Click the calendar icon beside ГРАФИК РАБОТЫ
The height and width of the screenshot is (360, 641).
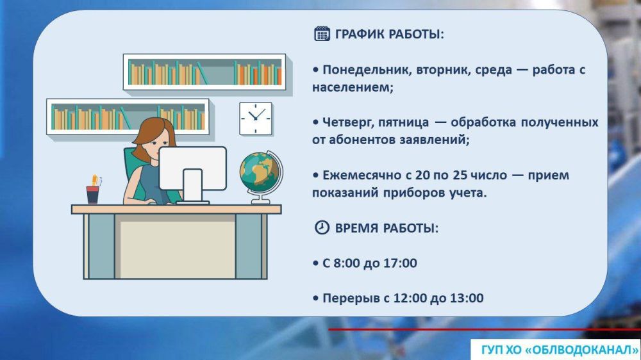(x=322, y=34)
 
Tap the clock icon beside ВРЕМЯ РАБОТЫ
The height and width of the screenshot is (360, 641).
(x=322, y=228)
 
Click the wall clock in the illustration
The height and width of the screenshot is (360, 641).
(x=256, y=118)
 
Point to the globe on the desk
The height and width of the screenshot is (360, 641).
(x=259, y=171)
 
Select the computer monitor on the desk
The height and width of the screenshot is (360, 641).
(x=192, y=169)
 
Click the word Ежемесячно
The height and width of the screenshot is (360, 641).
(x=358, y=176)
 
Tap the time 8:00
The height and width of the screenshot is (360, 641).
(x=346, y=263)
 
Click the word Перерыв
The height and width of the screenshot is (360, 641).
(x=347, y=299)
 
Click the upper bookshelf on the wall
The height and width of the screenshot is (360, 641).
(x=204, y=72)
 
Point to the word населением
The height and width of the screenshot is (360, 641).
(x=352, y=87)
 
